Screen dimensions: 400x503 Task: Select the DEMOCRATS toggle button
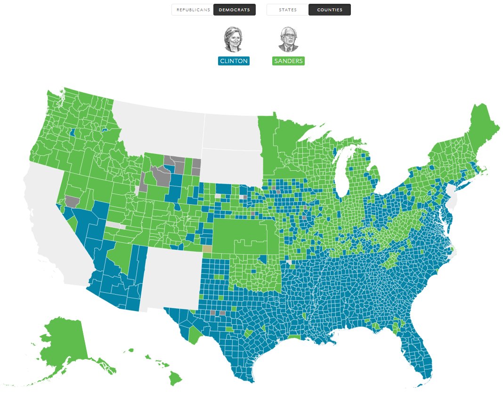click(234, 9)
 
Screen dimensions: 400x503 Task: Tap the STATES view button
click(288, 9)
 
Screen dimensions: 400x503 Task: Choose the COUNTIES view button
click(329, 9)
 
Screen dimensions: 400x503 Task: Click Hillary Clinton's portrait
click(233, 39)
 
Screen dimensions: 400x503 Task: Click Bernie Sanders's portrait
click(288, 39)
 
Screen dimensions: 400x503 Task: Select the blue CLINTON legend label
click(234, 61)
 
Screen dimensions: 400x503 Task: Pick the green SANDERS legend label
click(288, 61)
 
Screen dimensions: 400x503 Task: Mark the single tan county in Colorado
click(207, 249)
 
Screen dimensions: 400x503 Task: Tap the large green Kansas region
click(240, 231)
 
